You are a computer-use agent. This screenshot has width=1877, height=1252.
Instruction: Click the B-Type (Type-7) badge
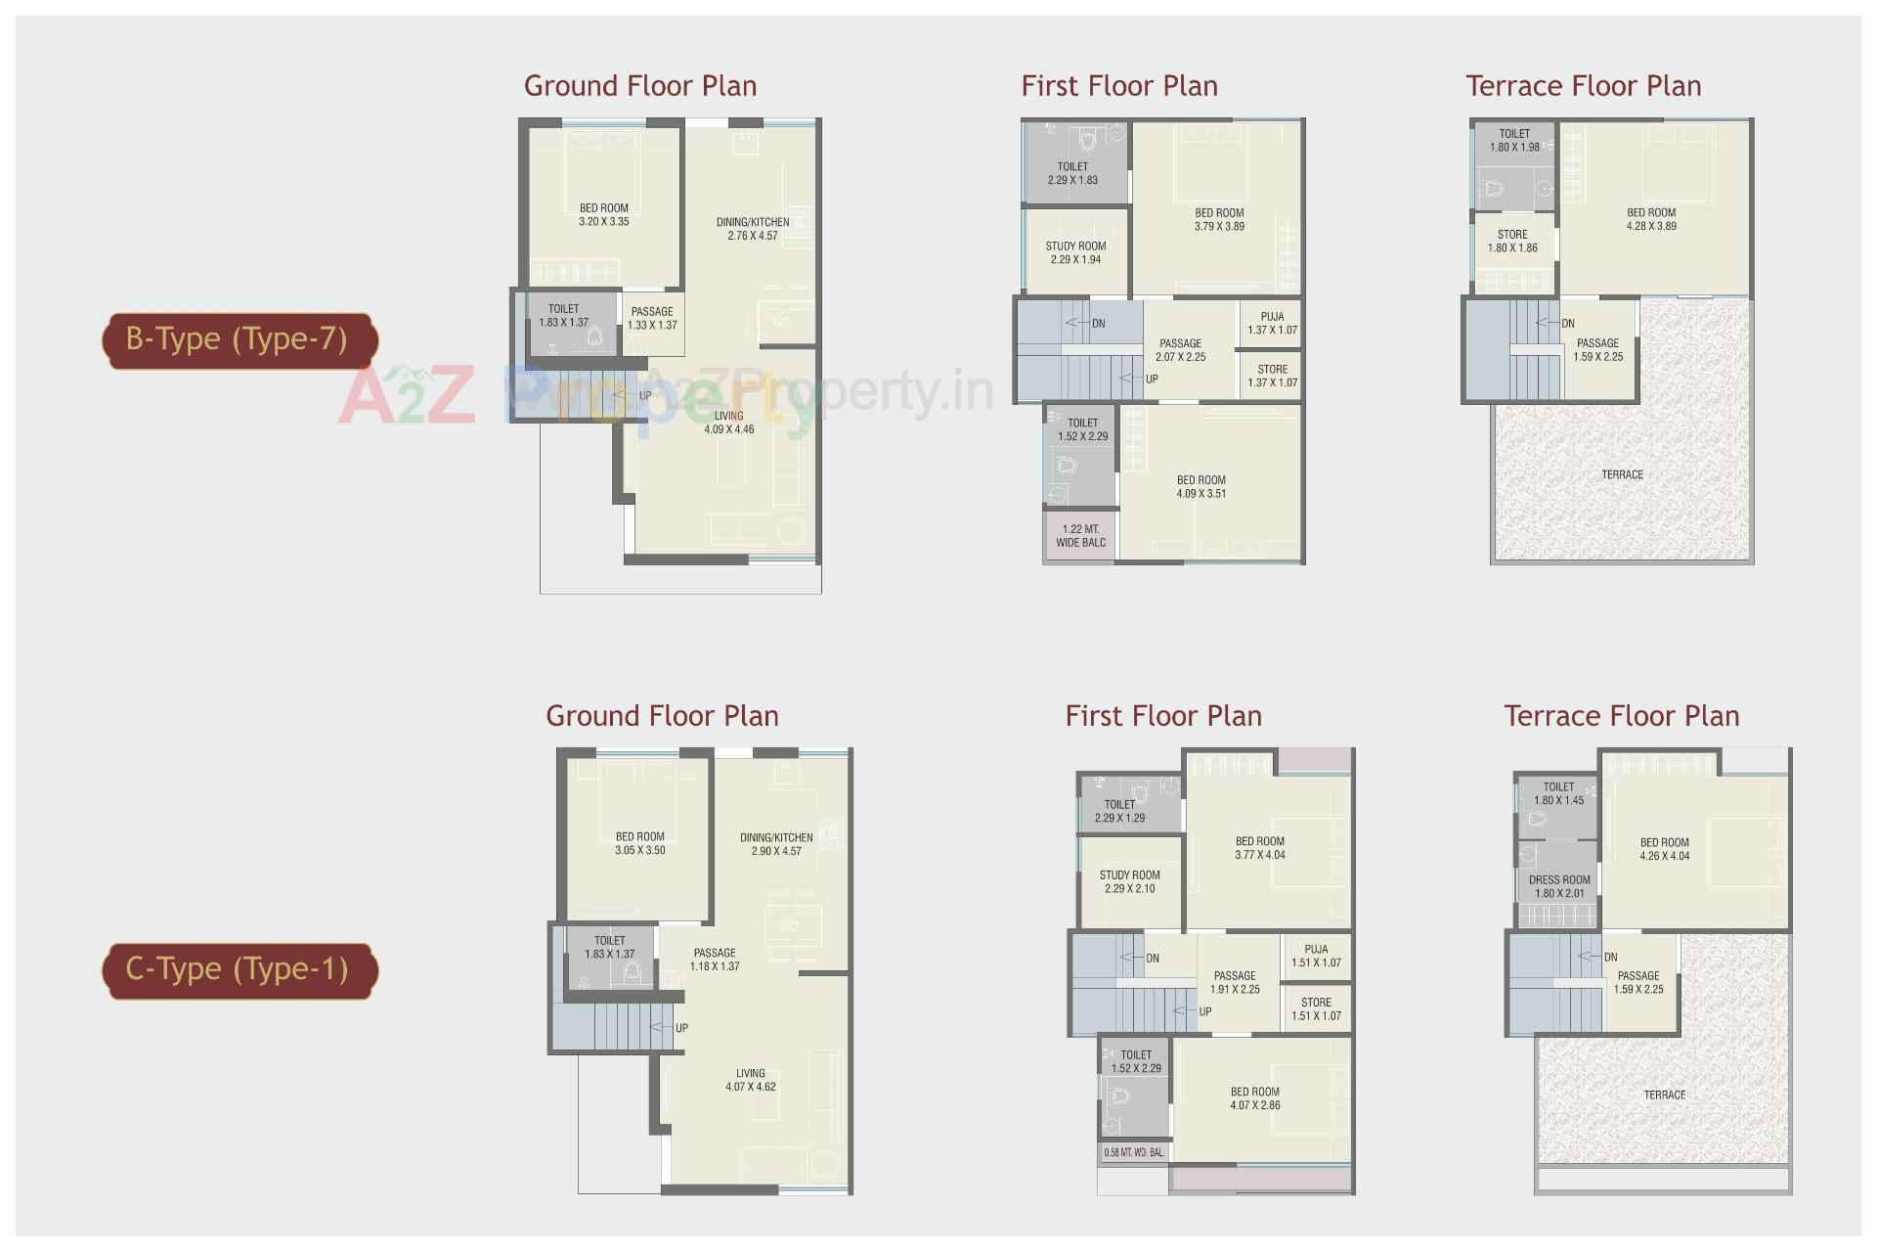coord(239,339)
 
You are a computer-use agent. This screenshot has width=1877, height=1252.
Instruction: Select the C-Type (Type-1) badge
coord(239,969)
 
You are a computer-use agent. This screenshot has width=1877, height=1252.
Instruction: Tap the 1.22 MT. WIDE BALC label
coord(1080,536)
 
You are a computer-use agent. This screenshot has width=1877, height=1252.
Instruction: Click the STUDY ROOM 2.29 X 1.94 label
coord(1075,253)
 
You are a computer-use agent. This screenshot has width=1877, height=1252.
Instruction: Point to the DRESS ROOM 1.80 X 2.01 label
coord(1559,886)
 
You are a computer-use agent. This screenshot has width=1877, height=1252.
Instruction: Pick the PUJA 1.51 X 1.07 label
coord(1316,956)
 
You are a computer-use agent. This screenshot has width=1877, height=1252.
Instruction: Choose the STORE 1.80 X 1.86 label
coord(1512,242)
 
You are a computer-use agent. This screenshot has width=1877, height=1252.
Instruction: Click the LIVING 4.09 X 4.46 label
coord(729,423)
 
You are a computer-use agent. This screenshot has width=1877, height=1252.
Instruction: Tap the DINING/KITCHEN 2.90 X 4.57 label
coord(776,844)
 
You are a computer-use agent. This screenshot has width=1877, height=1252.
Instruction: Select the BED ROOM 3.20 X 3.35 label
coord(604,215)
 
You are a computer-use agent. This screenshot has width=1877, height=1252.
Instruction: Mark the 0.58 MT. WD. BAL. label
coord(1134,1152)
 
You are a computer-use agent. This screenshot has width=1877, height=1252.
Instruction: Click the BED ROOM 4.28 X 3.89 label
coord(1651,219)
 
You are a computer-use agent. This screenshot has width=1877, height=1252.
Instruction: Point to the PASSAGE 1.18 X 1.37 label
coord(715,960)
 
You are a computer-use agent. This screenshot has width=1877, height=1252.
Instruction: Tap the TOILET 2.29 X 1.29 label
coord(1120,811)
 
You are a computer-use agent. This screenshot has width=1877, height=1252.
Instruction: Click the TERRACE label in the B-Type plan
coord(1622,474)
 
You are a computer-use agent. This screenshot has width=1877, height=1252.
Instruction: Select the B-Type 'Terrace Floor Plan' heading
coord(1583,86)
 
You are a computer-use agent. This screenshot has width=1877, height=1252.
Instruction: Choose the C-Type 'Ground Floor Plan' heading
coord(662,716)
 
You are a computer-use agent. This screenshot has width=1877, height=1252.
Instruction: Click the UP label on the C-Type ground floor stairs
coord(681,1028)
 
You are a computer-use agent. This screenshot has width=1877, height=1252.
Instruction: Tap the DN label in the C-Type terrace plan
coord(1610,958)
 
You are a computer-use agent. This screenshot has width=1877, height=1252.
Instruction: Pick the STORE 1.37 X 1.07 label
coord(1272,376)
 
